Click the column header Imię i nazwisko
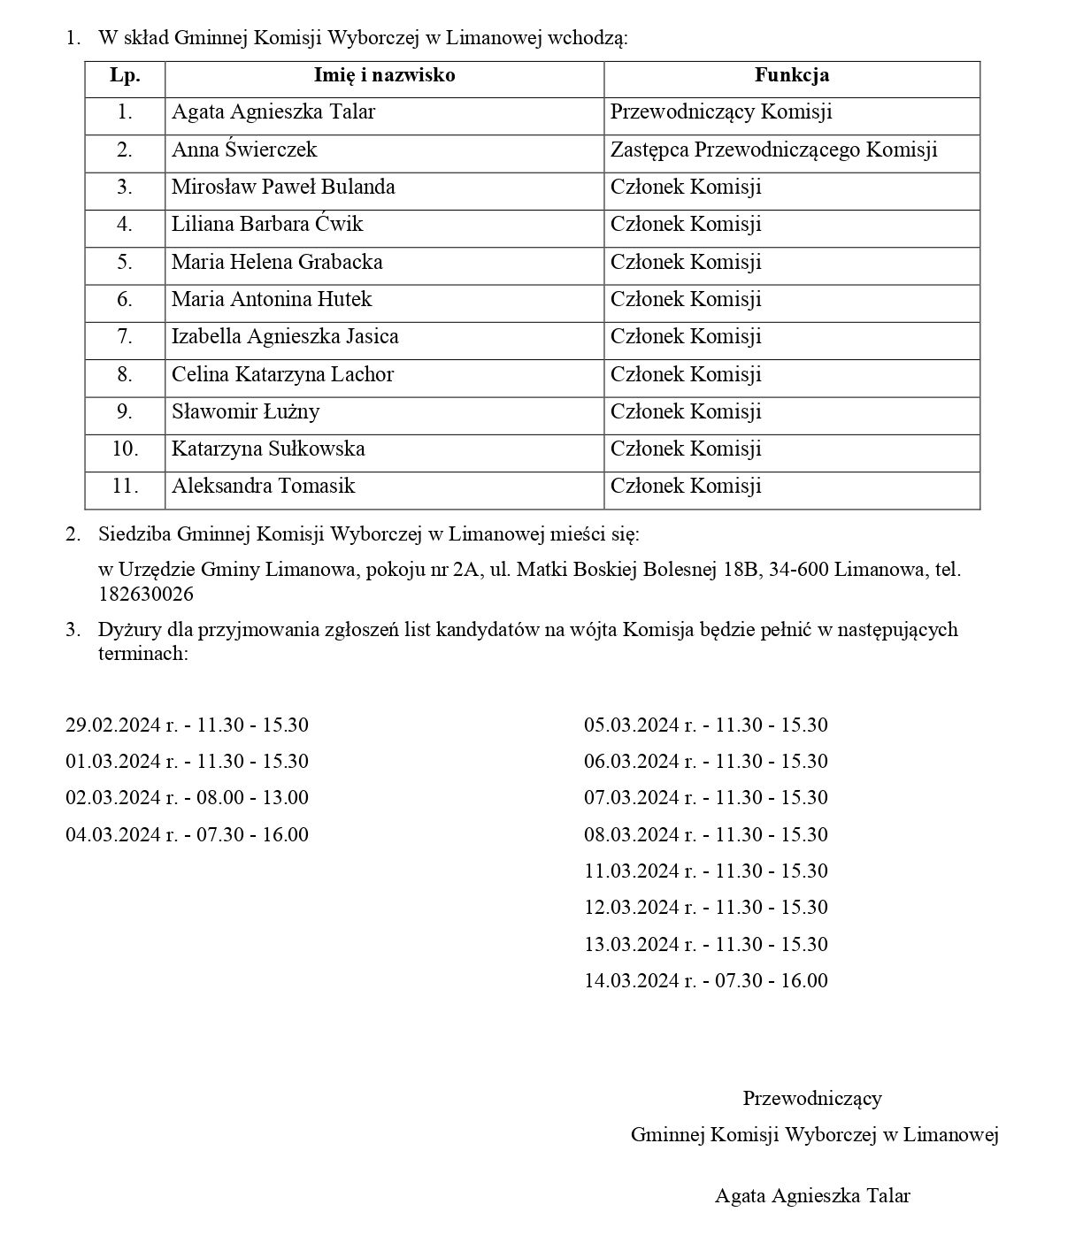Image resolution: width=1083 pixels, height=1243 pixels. pos(384,75)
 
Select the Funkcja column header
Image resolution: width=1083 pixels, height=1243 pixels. pos(791,75)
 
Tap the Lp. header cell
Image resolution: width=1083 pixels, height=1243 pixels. pos(125,75)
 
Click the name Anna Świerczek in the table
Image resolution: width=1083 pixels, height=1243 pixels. pos(244,150)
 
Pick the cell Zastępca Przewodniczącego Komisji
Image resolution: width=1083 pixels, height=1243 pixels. pos(773,150)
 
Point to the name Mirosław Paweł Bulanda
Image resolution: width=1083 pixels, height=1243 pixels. pos(283,188)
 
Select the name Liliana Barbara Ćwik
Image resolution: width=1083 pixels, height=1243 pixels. pos(267,225)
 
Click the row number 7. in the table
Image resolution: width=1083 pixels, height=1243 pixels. pos(125,337)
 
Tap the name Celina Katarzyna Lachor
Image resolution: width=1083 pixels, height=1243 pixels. pos(282,375)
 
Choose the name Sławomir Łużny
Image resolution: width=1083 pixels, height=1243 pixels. pos(245,412)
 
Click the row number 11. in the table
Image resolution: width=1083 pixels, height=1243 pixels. pos(125,487)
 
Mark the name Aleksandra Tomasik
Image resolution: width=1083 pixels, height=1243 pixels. pos(263,487)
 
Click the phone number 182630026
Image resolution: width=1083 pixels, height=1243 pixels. pos(146,595)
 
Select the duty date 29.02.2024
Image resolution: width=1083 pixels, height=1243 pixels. pos(112,725)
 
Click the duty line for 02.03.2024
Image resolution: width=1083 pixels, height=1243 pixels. pos(187,798)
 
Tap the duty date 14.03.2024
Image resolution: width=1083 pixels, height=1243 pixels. pos(631,981)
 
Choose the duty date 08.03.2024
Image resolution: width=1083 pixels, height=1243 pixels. pos(631,835)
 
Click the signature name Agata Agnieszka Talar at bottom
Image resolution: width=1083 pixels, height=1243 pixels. pos(812,1196)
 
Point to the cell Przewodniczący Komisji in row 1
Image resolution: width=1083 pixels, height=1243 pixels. pos(721,112)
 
